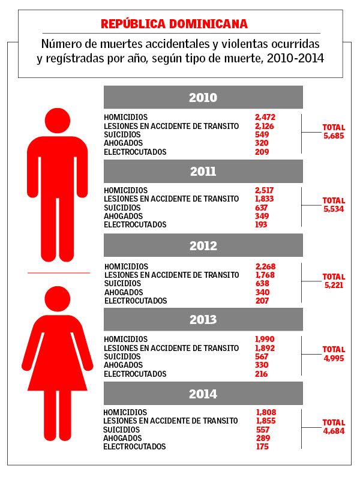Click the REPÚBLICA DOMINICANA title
[x=173, y=24]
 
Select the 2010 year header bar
[x=203, y=98]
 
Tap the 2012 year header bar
[x=203, y=246]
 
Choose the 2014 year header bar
[x=203, y=394]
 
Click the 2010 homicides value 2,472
[x=265, y=117]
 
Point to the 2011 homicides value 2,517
[x=265, y=190]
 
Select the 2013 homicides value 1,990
[x=265, y=339]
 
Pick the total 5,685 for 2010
[x=334, y=136]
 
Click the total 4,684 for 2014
[x=334, y=431]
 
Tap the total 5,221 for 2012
[x=334, y=285]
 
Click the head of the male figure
[x=58, y=121]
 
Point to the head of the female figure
[x=58, y=299]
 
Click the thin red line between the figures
[x=58, y=272]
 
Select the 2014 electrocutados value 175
[x=262, y=447]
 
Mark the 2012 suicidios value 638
[x=262, y=283]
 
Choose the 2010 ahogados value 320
[x=262, y=143]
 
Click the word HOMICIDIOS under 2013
[x=125, y=339]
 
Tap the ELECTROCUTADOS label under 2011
[x=134, y=224]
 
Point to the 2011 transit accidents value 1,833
[x=265, y=199]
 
